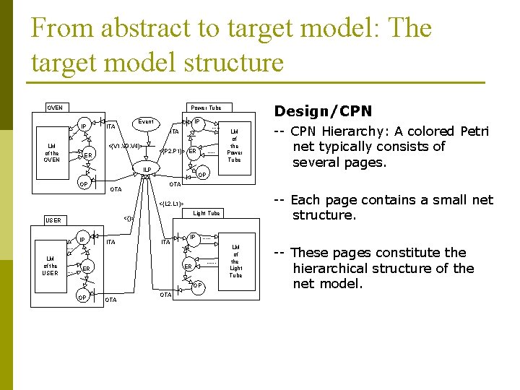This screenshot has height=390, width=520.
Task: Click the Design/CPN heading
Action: click(x=323, y=111)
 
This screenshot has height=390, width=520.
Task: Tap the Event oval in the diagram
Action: click(x=146, y=123)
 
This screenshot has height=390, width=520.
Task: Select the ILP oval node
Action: click(x=147, y=170)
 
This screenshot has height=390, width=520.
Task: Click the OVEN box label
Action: click(x=55, y=108)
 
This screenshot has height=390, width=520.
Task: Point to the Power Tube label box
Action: click(x=206, y=108)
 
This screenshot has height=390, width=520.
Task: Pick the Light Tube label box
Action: click(x=207, y=213)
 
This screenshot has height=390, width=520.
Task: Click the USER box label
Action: click(x=53, y=220)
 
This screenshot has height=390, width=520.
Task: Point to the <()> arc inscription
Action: click(x=129, y=217)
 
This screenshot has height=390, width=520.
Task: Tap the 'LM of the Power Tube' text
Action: click(x=234, y=146)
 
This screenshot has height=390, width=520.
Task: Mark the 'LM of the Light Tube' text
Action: click(x=236, y=261)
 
